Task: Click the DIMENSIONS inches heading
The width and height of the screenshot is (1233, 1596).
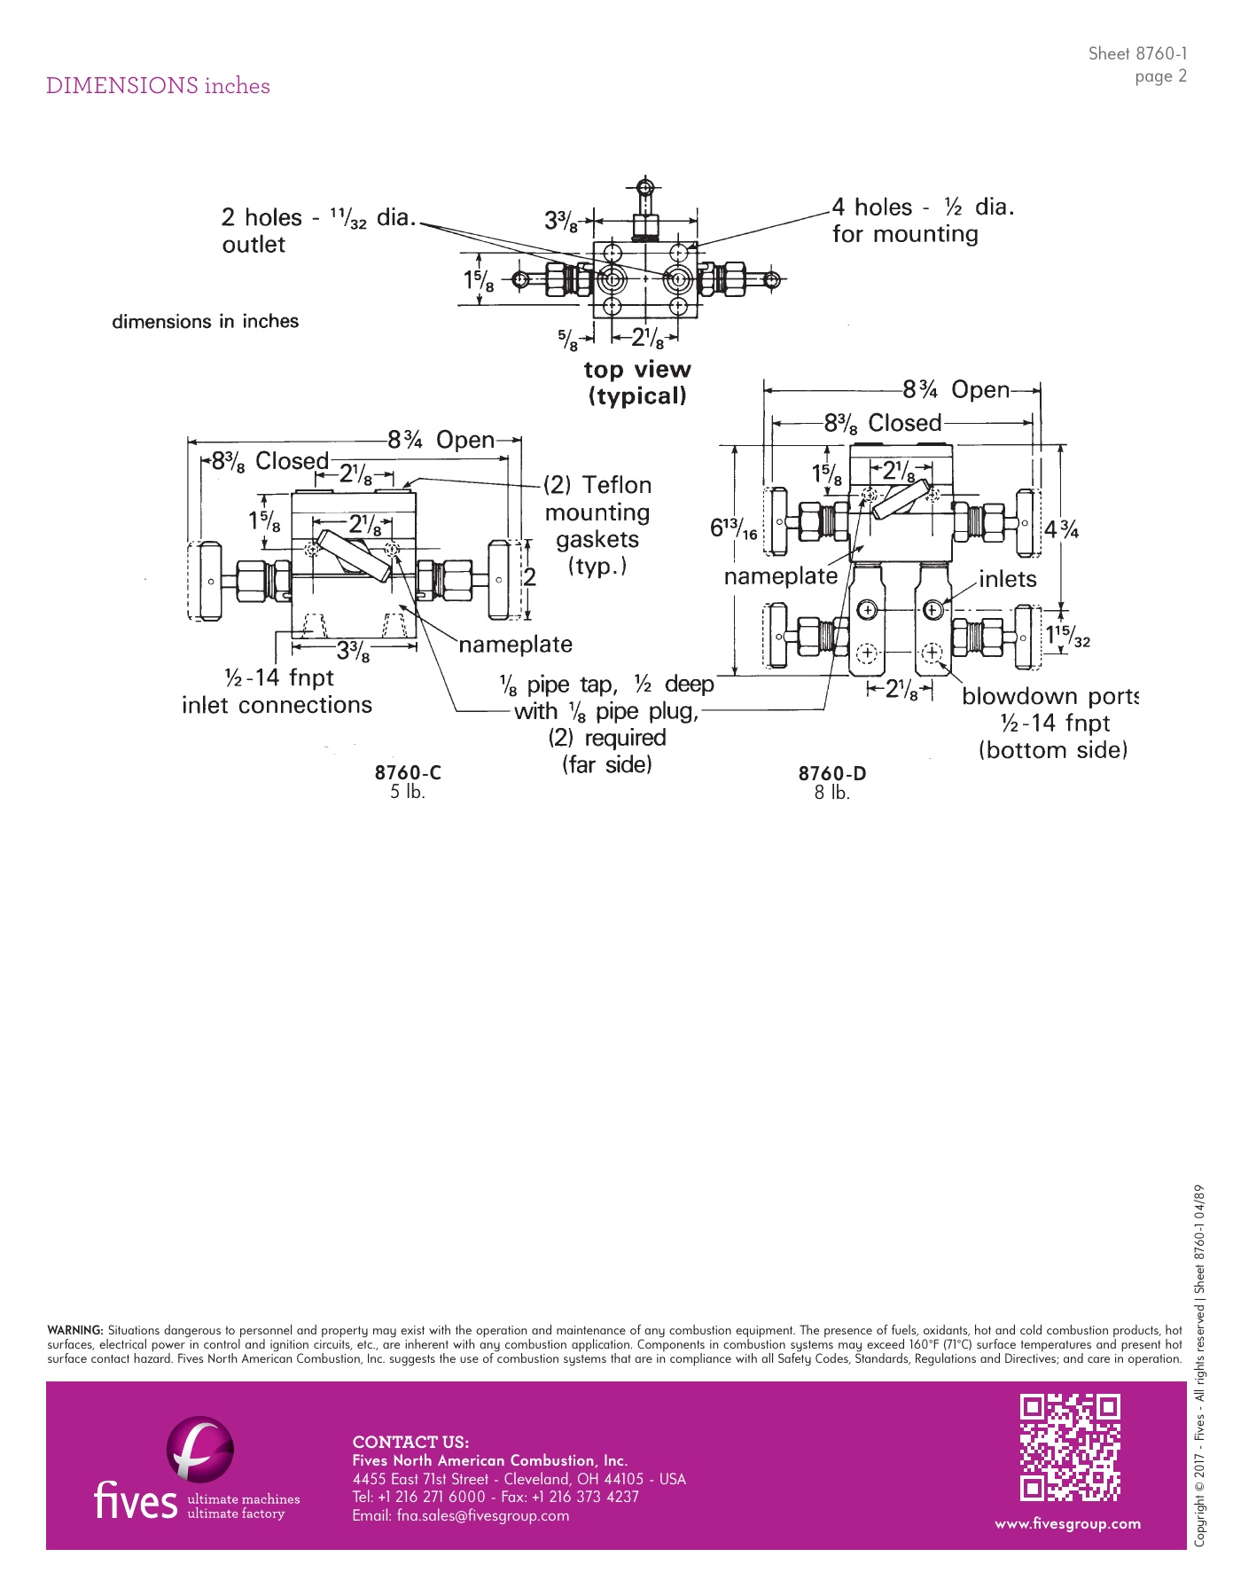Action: [x=158, y=86]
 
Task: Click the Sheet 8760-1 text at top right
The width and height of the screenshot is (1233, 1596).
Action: [x=1137, y=53]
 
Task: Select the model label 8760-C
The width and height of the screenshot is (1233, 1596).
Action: [x=408, y=772]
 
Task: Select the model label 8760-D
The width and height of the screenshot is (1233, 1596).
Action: [x=832, y=773]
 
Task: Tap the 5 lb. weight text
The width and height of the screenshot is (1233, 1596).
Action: [x=408, y=792]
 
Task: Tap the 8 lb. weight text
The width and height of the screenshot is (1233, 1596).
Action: [x=832, y=793]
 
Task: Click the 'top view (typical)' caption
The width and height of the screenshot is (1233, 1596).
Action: [x=637, y=382]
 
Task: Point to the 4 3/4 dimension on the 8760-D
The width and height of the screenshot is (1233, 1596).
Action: [x=1061, y=530]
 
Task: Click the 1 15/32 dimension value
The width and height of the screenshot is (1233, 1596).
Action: [x=1067, y=636]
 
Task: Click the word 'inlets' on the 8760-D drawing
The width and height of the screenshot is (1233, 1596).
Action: [x=1008, y=579]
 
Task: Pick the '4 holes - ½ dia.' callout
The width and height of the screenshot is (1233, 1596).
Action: [x=923, y=207]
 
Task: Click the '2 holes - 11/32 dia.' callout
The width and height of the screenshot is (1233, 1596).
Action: [x=318, y=217]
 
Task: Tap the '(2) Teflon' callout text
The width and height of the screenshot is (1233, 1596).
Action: [x=597, y=485]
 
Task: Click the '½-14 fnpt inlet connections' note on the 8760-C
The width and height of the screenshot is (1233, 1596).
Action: [x=277, y=692]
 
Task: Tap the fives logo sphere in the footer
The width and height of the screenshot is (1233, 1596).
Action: [x=200, y=1449]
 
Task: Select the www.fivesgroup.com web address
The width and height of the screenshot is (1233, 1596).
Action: [x=1067, y=1524]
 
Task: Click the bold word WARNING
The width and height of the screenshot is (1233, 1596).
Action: [x=74, y=1330]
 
